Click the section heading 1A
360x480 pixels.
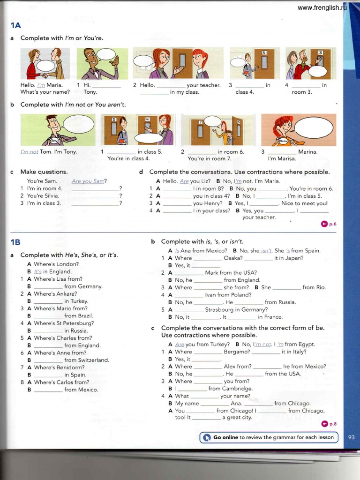[x=15, y=27]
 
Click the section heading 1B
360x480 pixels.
[x=15, y=242]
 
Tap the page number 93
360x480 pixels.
[x=352, y=437]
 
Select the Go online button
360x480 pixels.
[x=269, y=437]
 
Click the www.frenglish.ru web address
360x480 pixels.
[x=322, y=7]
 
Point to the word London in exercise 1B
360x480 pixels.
[x=68, y=264]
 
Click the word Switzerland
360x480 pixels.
[x=93, y=360]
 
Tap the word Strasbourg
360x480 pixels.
[x=219, y=309]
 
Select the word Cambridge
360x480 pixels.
[x=237, y=389]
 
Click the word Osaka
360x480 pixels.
[x=233, y=258]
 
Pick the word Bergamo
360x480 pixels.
[x=237, y=352]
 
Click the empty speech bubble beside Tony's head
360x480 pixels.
[x=78, y=124]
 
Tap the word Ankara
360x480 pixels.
[x=68, y=294]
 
